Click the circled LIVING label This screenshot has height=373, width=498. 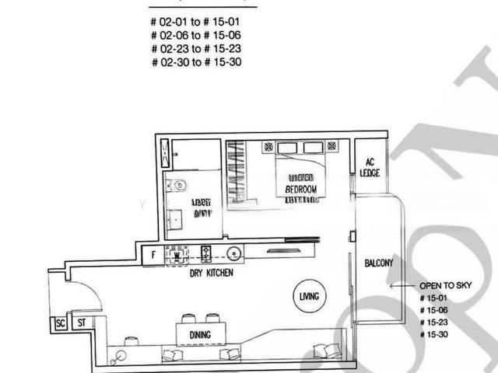coord(309,297)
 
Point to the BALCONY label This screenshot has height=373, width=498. coord(379,263)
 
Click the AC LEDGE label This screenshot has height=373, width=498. coord(370,167)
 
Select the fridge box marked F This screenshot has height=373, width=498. coord(155,254)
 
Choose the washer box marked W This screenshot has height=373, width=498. coord(177,254)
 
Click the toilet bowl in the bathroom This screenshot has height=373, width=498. coord(179,185)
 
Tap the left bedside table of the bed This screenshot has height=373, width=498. coord(268,146)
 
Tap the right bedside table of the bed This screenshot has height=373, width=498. coord(335,146)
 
